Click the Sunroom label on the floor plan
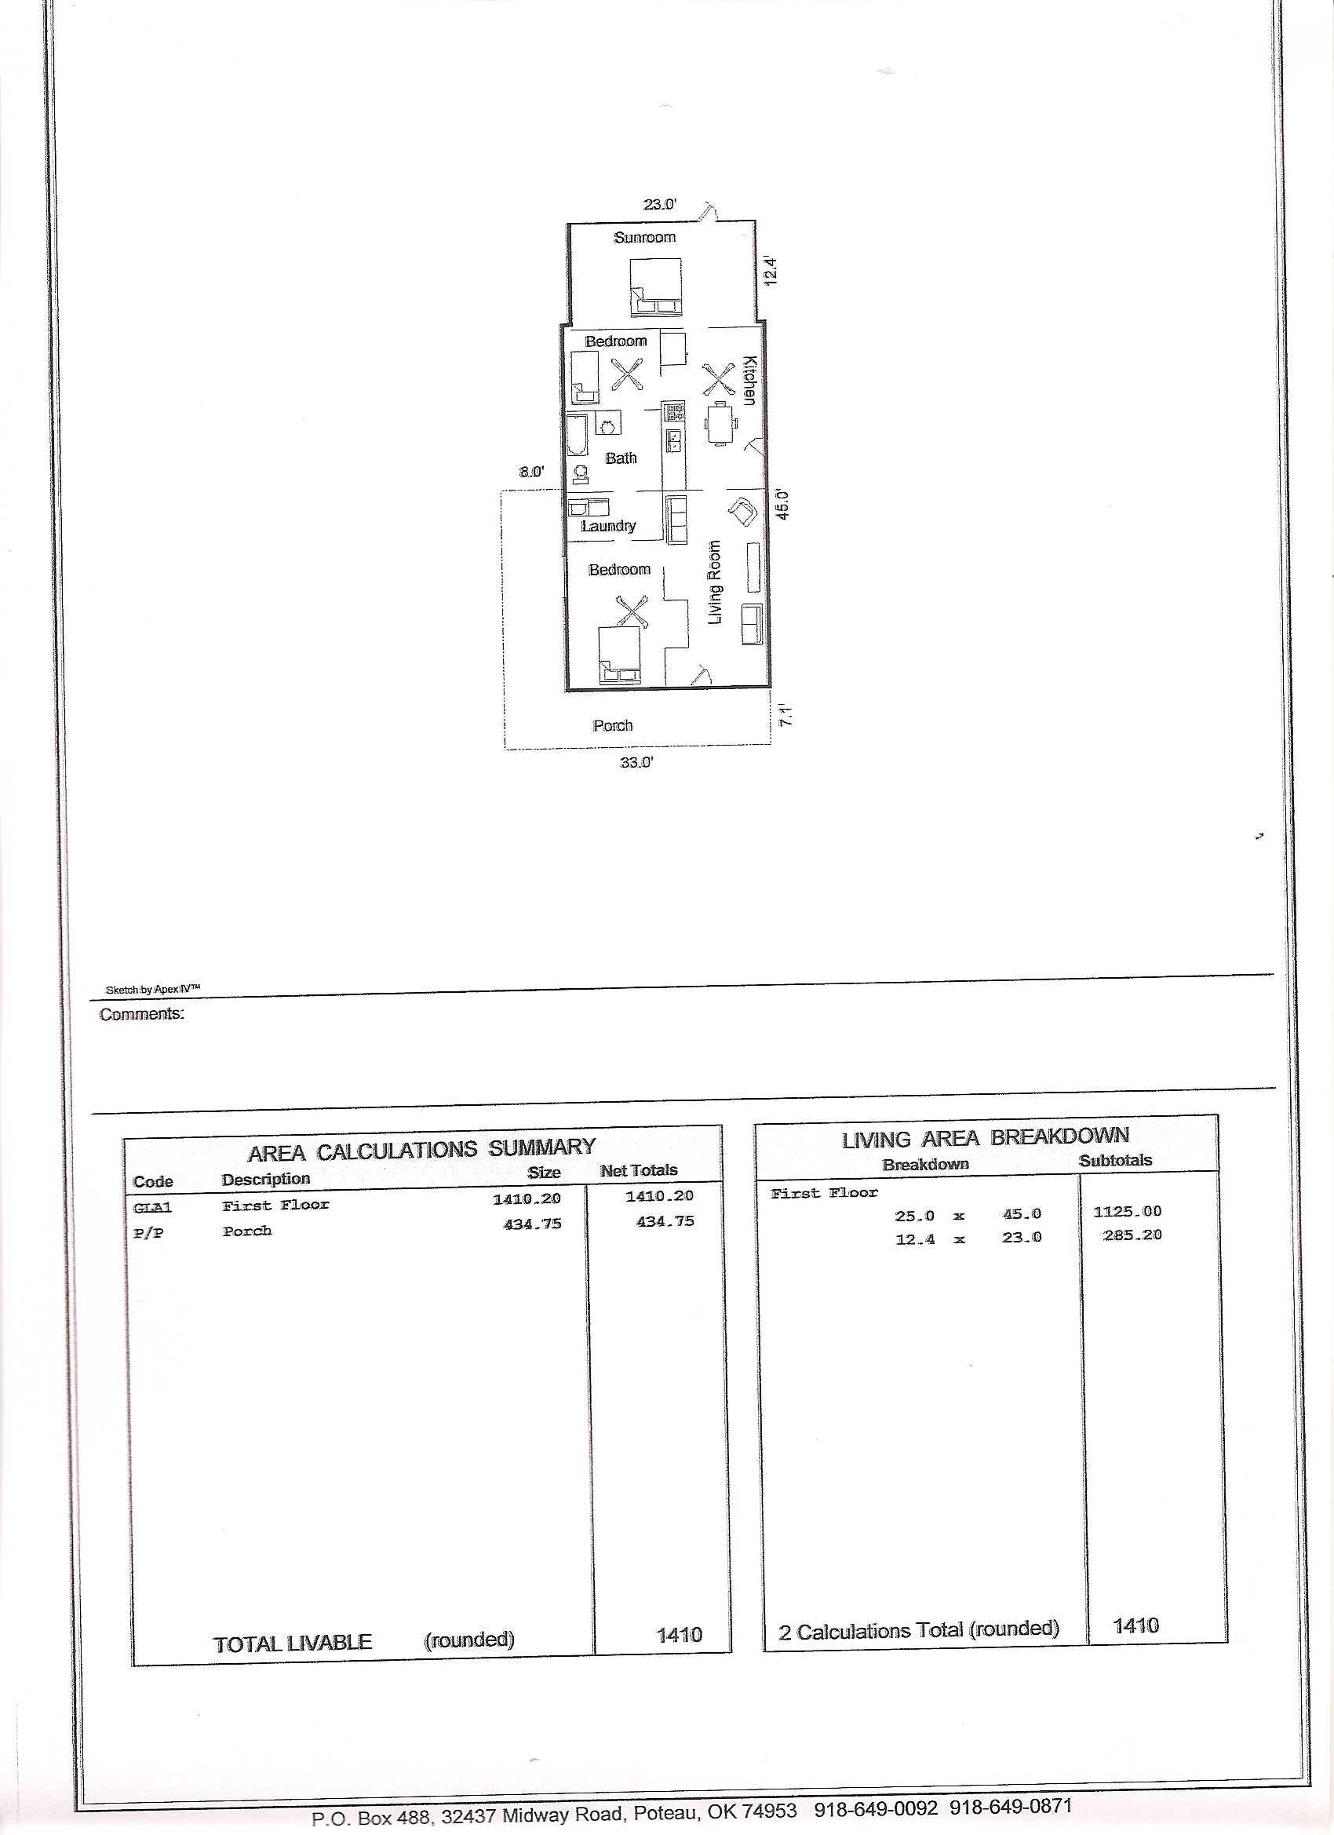click(645, 237)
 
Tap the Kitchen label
click(749, 381)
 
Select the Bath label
click(621, 458)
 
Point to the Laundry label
click(608, 526)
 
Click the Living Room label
click(714, 582)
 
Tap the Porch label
click(612, 726)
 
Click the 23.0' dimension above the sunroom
click(660, 205)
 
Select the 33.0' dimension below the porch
click(636, 762)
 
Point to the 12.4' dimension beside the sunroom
click(770, 270)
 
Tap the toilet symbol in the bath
click(579, 473)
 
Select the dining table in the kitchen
click(721, 423)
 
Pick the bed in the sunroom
click(655, 287)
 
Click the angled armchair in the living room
click(742, 512)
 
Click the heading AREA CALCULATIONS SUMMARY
click(421, 1149)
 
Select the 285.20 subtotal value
click(1132, 1235)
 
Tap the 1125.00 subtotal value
click(1127, 1211)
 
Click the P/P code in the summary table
click(148, 1234)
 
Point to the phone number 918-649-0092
click(876, 1808)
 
